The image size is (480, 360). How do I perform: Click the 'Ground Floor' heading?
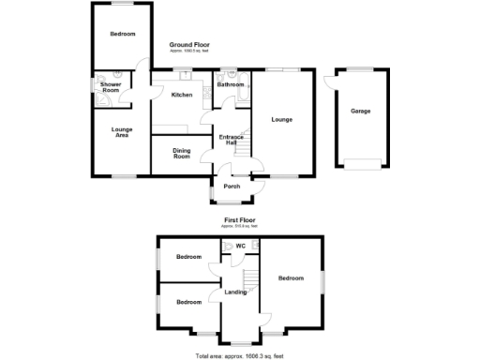coord(189,44)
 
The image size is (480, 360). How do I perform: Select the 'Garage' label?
coord(360,112)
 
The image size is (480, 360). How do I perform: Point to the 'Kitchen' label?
coord(182,95)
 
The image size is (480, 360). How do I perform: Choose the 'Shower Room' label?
coord(111,87)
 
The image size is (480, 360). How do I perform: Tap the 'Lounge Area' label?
coord(120,133)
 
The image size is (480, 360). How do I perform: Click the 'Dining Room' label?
coord(182,154)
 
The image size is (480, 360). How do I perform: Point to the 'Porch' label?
coord(232,186)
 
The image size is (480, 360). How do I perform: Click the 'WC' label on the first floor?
coord(240,247)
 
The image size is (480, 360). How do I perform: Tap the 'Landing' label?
coord(236,292)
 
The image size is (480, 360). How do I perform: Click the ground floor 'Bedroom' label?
coord(123,35)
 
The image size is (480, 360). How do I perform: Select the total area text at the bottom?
coord(239,355)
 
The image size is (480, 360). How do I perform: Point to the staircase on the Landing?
coord(250,280)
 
